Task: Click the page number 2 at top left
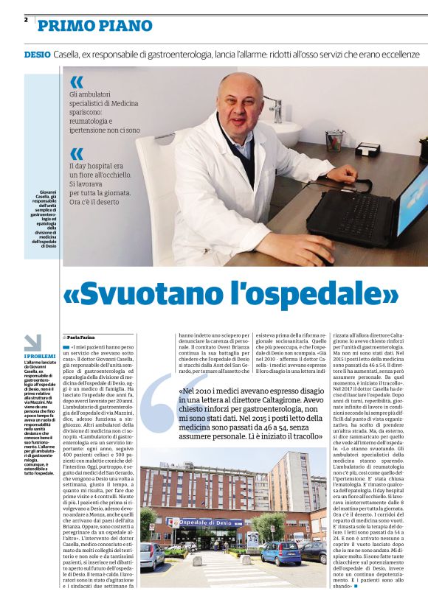[x=25, y=19]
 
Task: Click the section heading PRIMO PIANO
[x=94, y=26]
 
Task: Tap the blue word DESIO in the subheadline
[x=37, y=55]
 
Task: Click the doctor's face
[x=240, y=105]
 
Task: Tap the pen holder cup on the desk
[x=334, y=140]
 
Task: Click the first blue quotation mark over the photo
[x=76, y=83]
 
